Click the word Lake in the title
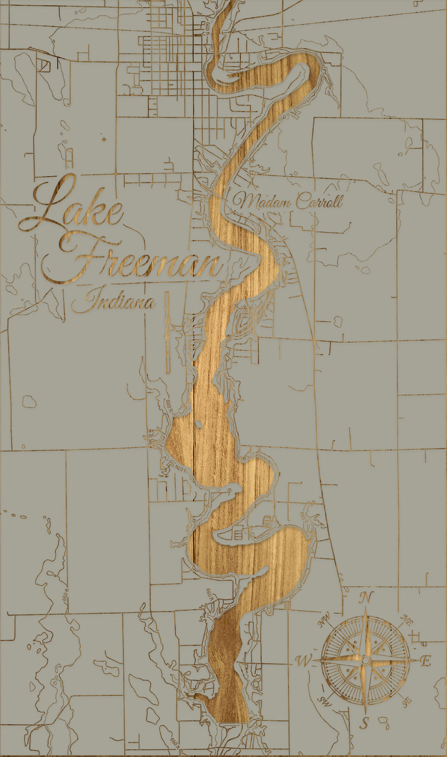point(72,207)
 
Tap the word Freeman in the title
point(145,262)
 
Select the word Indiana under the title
point(114,302)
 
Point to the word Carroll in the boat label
point(319,201)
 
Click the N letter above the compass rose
point(366,598)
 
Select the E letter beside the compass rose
point(425,661)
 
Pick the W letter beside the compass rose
point(303,661)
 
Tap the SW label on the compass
point(325,702)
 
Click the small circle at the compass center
point(366,661)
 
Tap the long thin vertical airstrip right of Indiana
point(167,332)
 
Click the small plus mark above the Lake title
point(104,139)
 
